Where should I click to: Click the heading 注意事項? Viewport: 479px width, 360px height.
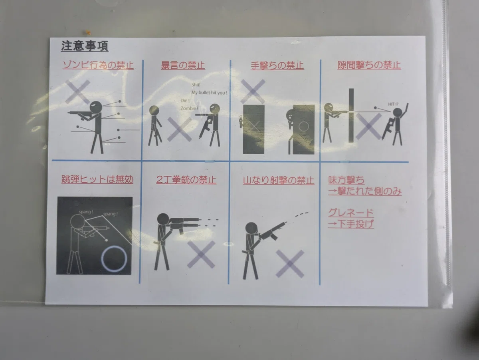click(84, 46)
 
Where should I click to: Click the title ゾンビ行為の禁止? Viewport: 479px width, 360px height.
click(98, 65)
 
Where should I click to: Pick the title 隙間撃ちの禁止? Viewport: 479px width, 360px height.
click(369, 65)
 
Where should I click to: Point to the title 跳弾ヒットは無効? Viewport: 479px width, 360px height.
click(97, 180)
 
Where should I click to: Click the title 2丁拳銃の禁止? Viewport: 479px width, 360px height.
click(186, 180)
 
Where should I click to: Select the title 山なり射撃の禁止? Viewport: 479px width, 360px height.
click(278, 181)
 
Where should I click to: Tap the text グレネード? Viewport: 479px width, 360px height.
click(350, 212)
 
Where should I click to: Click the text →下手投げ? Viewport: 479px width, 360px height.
click(350, 224)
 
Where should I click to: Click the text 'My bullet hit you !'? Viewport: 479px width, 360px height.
click(210, 93)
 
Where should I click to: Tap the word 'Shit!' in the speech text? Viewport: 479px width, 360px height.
click(196, 85)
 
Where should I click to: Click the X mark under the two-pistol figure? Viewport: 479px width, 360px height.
click(201, 254)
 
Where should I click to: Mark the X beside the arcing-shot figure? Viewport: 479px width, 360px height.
click(290, 264)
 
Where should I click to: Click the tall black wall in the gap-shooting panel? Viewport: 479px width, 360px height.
click(351, 115)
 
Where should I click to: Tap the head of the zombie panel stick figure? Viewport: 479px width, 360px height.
click(96, 107)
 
